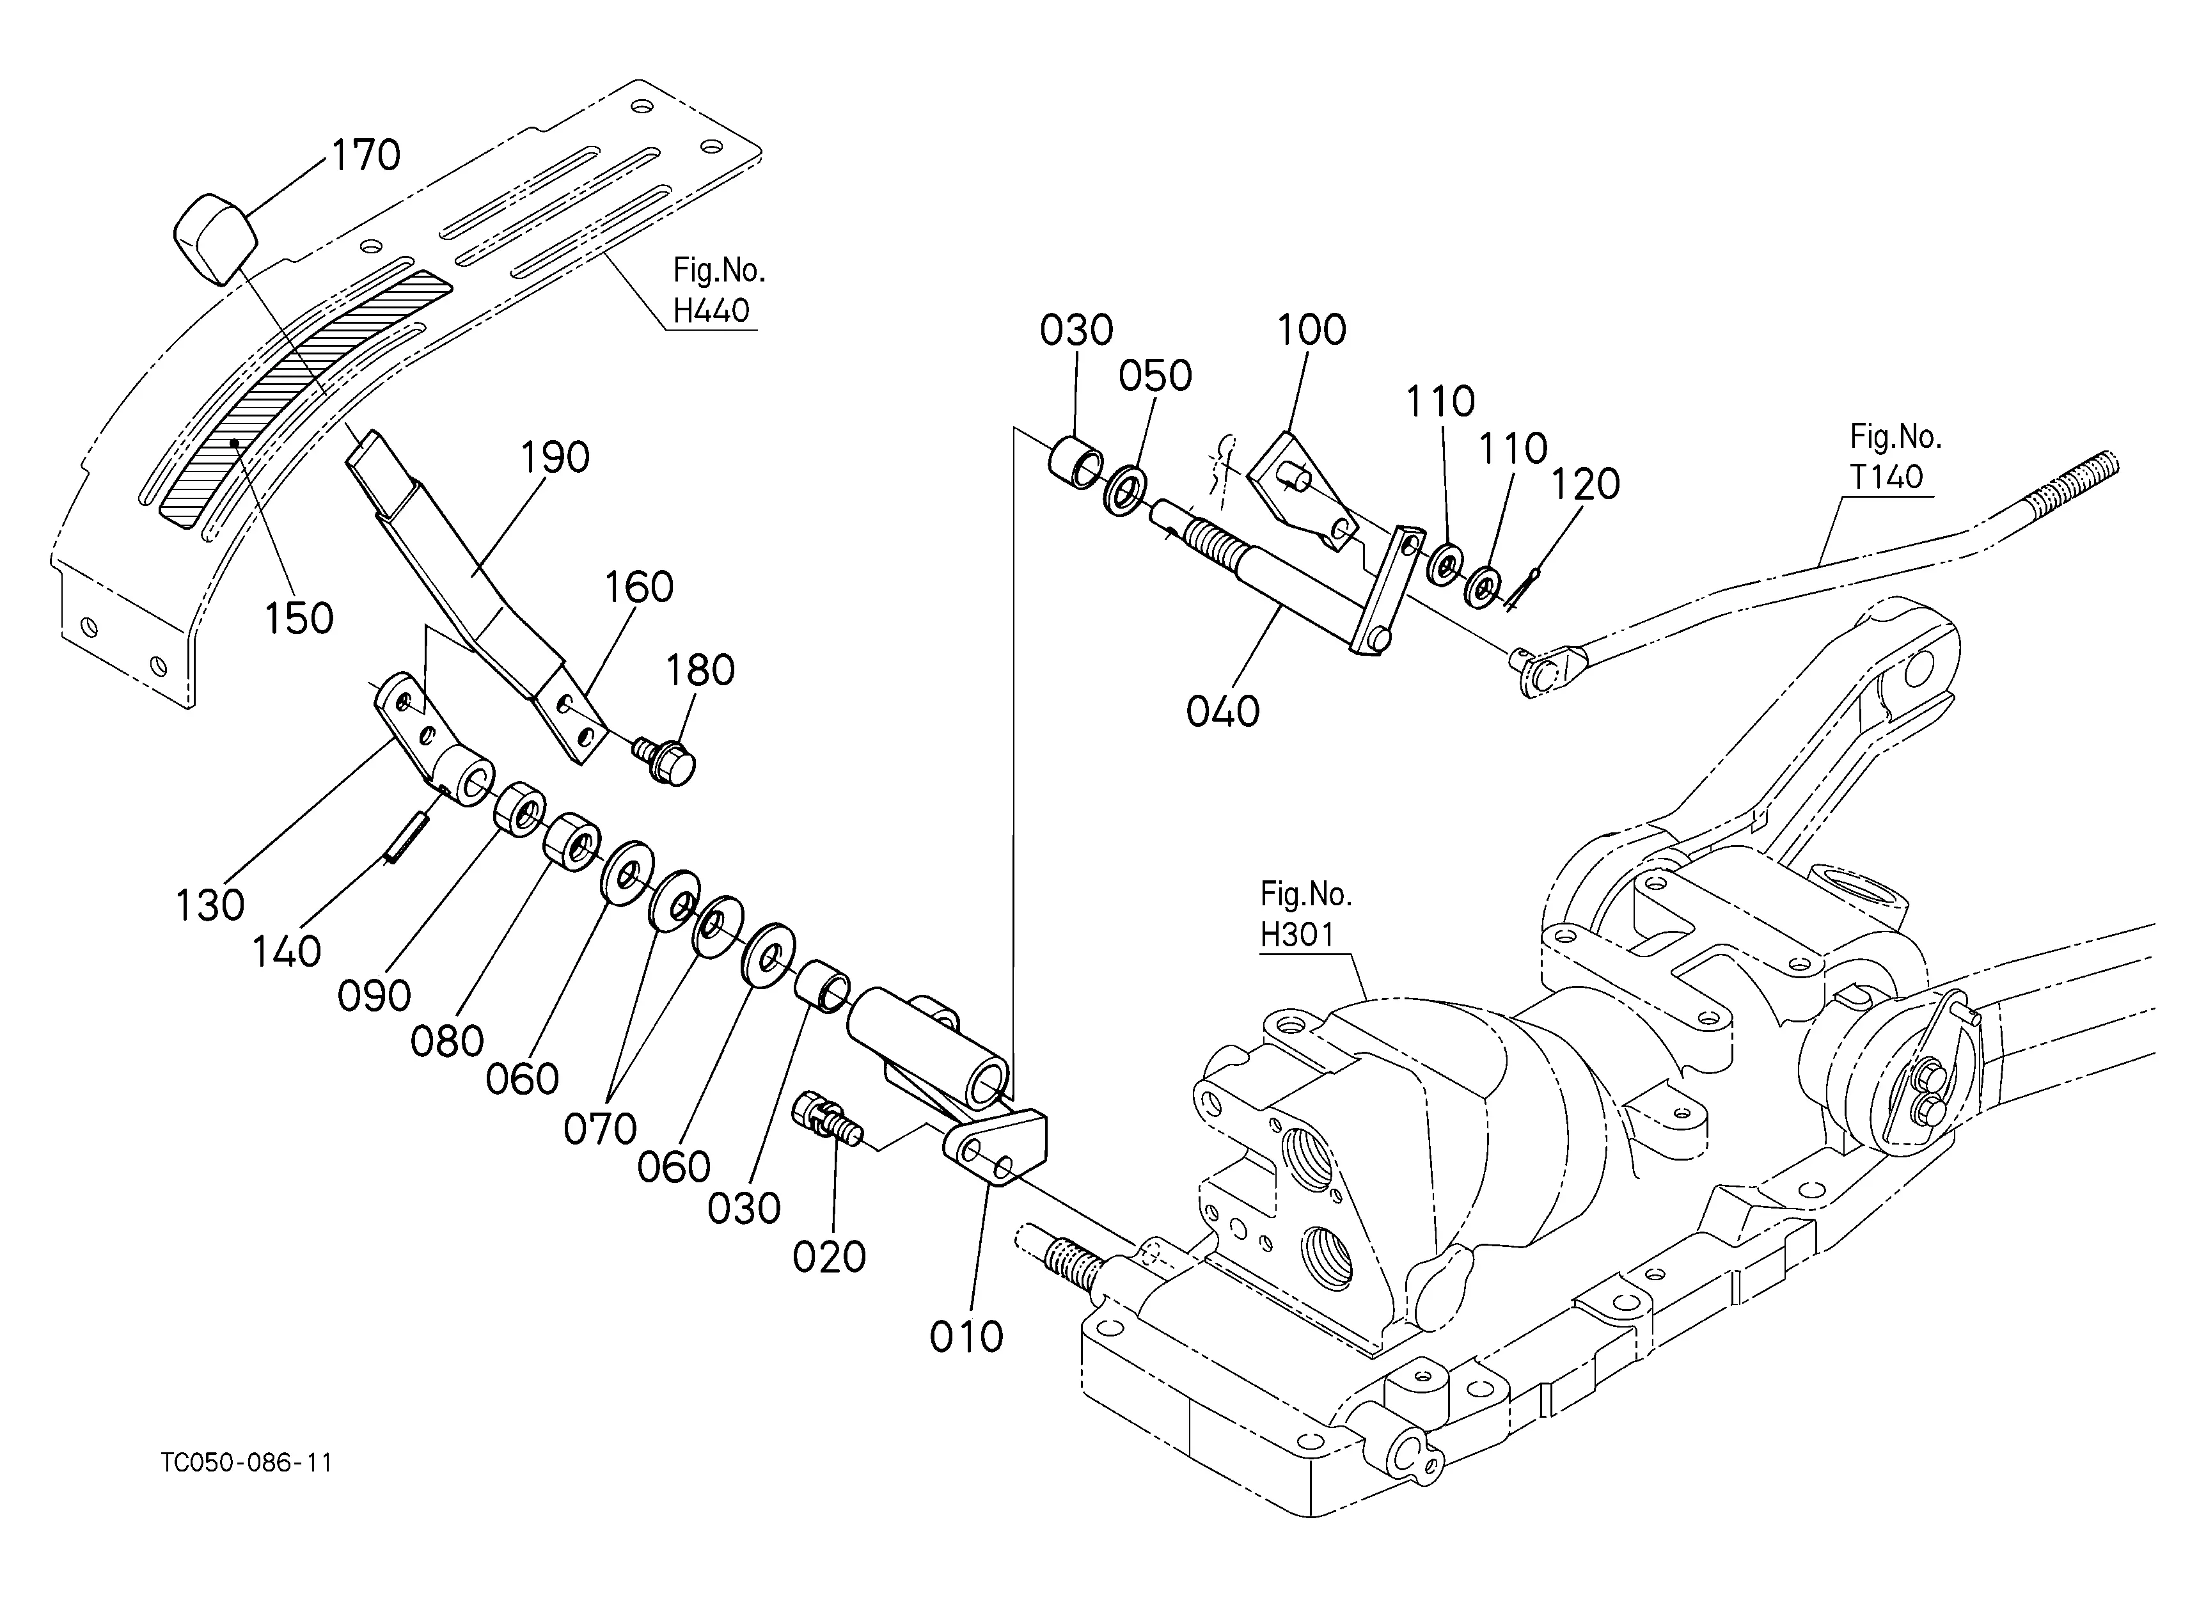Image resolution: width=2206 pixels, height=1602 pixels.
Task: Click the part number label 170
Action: point(366,155)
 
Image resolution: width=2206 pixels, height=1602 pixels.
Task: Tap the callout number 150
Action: point(299,619)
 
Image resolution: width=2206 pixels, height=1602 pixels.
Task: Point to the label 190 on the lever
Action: point(555,458)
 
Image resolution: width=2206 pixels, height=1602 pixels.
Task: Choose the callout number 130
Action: point(209,905)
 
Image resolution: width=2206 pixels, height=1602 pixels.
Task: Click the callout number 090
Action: point(374,997)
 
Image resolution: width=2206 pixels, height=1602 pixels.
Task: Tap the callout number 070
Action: point(600,1129)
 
